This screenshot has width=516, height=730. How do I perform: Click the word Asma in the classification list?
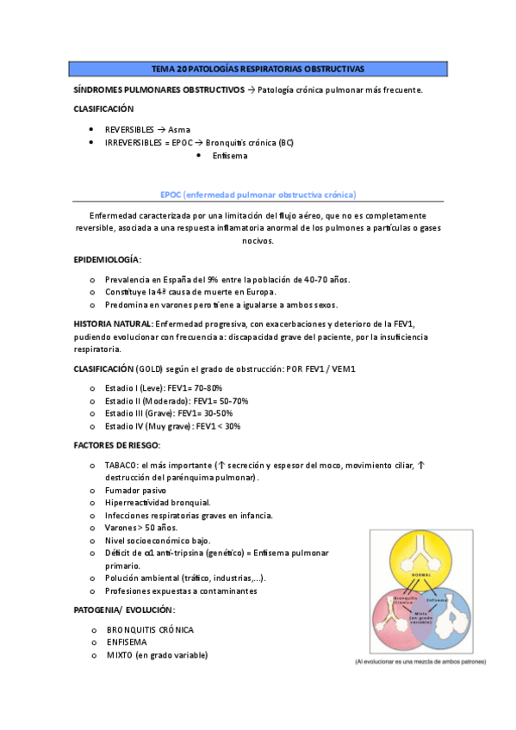[179, 129]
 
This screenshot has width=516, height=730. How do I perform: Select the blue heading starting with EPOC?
[258, 195]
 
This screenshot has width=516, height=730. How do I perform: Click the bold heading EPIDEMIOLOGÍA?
[108, 259]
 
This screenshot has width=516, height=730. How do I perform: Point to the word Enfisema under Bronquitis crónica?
[229, 156]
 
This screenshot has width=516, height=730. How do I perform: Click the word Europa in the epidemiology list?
[257, 292]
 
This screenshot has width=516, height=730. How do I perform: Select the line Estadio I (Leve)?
[163, 388]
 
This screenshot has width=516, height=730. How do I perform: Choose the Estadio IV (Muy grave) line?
[172, 425]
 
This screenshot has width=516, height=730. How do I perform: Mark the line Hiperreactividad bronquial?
[158, 502]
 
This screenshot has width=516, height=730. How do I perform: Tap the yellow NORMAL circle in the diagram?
[421, 563]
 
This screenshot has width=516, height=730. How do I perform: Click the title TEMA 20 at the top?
[258, 68]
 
